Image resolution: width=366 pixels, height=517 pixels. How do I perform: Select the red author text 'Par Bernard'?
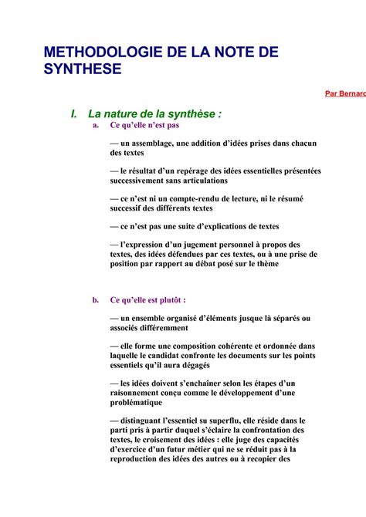[345, 93]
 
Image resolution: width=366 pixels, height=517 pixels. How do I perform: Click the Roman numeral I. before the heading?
[74, 114]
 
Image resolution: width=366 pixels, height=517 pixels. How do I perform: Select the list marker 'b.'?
[96, 299]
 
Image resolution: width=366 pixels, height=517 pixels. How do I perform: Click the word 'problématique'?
[136, 401]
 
